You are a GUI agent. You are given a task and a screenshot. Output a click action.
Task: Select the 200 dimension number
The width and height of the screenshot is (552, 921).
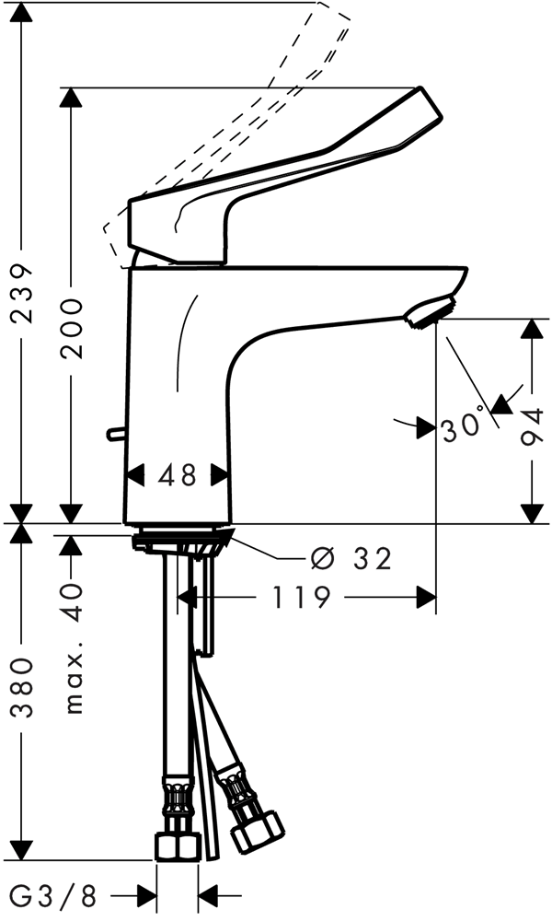point(73,329)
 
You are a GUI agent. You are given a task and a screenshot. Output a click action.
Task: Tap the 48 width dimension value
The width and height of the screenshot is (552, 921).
point(178,475)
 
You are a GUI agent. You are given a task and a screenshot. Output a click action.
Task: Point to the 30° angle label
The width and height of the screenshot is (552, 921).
point(464,426)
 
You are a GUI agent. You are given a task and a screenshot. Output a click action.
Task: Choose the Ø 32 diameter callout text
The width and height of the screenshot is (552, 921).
point(351,559)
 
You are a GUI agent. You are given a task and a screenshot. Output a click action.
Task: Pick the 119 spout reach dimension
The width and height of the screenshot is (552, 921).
point(302,598)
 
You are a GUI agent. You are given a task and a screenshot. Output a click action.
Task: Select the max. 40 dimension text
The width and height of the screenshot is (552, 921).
point(73,648)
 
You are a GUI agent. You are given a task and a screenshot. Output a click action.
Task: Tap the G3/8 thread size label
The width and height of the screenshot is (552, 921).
point(53,896)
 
